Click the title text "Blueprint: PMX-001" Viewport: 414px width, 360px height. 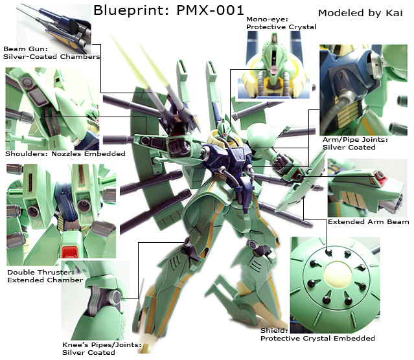click(168, 10)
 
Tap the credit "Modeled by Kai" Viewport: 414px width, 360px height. click(360, 13)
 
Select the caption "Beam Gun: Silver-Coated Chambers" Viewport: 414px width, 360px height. click(51, 53)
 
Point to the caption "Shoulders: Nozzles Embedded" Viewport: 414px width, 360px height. click(65, 153)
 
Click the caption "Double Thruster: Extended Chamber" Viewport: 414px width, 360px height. click(45, 276)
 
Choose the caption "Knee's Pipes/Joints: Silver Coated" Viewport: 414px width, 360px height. click(102, 348)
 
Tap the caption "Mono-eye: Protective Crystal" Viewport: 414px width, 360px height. click(281, 23)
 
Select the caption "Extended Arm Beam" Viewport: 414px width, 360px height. click(368, 221)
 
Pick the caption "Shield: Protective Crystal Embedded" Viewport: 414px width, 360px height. click(317, 334)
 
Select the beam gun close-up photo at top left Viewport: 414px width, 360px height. click(54, 28)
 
